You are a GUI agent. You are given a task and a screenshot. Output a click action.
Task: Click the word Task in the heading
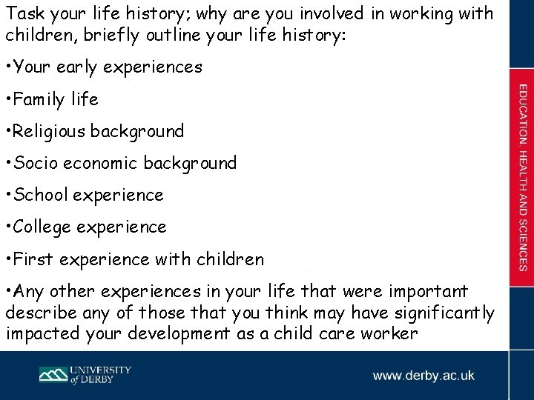pos(23,13)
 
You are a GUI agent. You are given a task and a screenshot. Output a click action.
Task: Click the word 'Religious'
pos(49,131)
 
